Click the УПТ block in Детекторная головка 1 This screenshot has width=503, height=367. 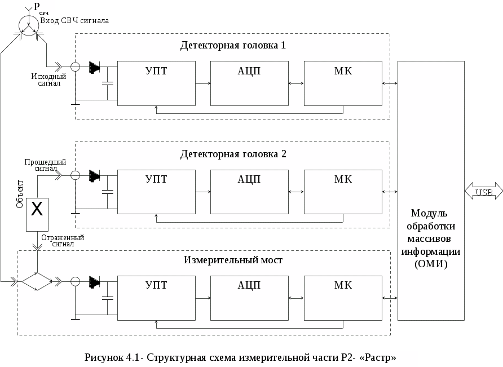(x=156, y=83)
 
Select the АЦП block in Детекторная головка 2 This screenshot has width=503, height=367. (x=249, y=192)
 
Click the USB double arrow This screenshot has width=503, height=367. (x=483, y=192)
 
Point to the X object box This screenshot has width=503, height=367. (x=37, y=214)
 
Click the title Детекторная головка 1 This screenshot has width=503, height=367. (x=233, y=45)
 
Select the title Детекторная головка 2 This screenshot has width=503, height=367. (x=233, y=153)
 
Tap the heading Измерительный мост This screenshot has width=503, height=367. (x=233, y=260)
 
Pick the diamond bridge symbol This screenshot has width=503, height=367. (x=36, y=281)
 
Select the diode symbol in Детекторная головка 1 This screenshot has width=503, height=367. (x=95, y=68)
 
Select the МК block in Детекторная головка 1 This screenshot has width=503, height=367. (x=343, y=83)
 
